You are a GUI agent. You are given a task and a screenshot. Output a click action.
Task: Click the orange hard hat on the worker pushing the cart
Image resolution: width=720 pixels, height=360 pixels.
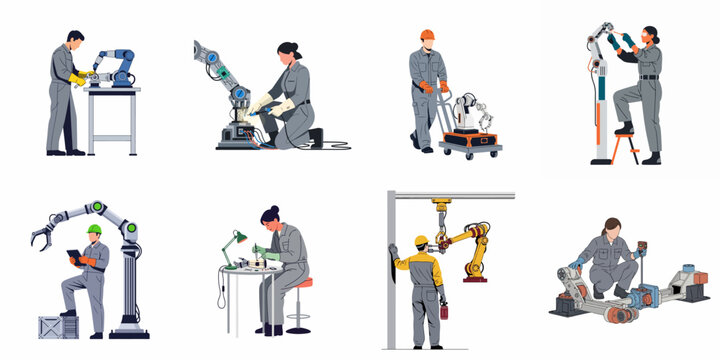[427, 34]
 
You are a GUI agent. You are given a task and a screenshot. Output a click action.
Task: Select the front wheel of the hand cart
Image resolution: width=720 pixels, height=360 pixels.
[446, 153]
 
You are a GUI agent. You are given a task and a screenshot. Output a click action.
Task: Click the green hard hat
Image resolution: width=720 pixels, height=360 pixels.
[94, 229]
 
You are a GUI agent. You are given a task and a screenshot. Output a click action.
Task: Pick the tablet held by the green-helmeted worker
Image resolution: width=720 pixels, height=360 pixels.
[74, 256]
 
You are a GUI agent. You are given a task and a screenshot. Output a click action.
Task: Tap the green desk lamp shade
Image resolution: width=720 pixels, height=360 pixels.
[241, 238]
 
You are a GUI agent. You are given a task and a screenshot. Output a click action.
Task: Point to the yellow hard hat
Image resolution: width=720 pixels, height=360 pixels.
[422, 240]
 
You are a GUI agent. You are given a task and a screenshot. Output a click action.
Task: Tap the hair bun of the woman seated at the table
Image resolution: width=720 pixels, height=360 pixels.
[265, 212]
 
